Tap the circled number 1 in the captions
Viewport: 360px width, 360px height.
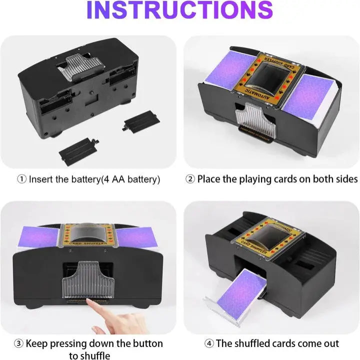(x=22, y=179)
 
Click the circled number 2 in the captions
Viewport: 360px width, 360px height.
(x=190, y=179)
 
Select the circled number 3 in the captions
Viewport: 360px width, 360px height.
(x=17, y=343)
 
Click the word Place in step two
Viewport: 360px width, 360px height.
(x=210, y=179)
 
